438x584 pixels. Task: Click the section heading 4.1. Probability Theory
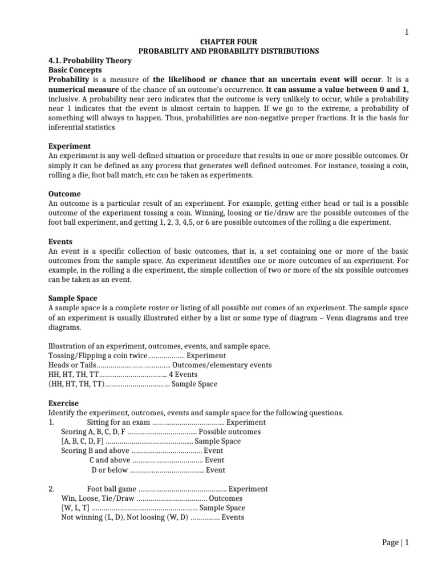(90, 60)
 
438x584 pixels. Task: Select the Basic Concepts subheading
(75, 70)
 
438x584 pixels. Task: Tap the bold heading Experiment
(70, 146)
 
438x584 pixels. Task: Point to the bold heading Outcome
(65, 194)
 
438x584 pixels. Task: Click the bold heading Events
(60, 242)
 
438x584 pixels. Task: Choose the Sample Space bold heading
(73, 298)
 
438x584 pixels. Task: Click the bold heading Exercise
(63, 403)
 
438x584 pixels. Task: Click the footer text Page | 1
(395, 543)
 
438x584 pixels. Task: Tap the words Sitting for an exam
(118, 422)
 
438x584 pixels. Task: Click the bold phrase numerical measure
(84, 89)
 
